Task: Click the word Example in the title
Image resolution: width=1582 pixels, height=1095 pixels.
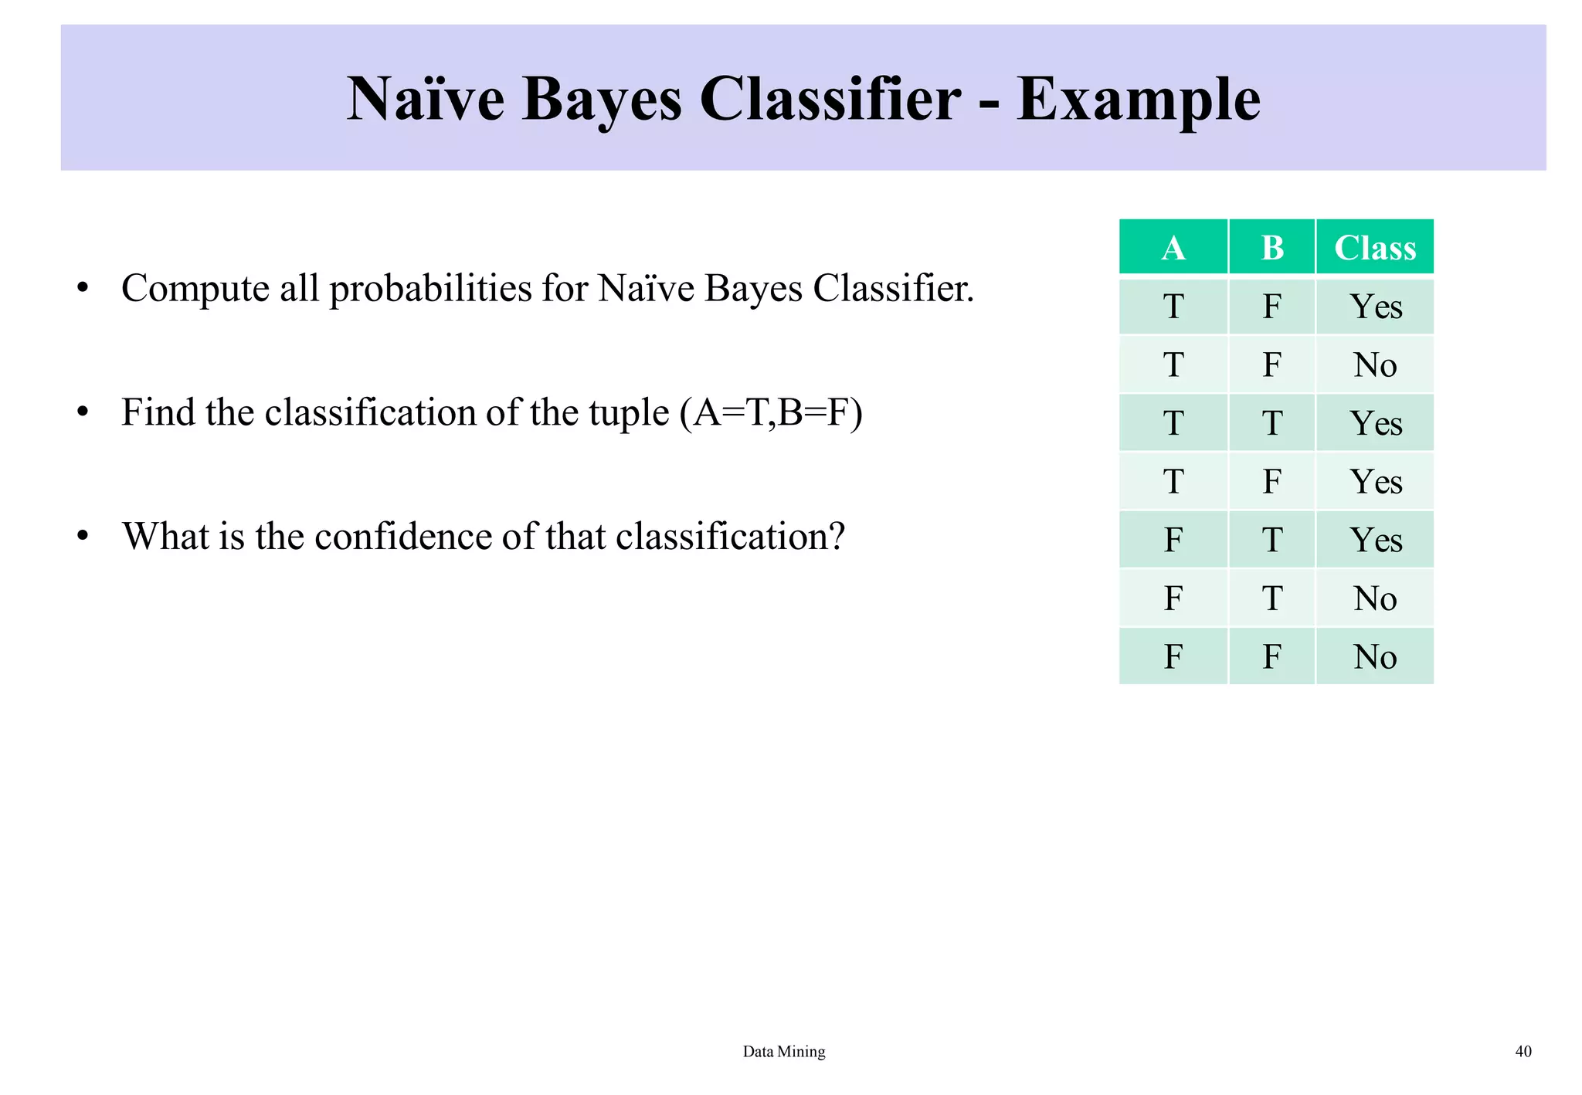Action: (1138, 100)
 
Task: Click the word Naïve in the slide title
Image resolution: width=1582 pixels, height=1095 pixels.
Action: (426, 100)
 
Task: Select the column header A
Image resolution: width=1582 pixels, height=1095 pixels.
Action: (1173, 248)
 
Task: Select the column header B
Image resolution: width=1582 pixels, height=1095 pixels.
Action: (1271, 248)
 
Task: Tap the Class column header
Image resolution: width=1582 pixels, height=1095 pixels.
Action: (1374, 248)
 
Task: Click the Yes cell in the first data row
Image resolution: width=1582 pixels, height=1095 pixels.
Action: (1375, 307)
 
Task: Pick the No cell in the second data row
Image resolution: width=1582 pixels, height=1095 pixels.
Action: (1375, 364)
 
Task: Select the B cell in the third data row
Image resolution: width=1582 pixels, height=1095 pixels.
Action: (1271, 423)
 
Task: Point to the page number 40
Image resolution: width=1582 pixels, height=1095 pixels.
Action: (1523, 1051)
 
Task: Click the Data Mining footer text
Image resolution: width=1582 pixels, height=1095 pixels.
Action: (783, 1051)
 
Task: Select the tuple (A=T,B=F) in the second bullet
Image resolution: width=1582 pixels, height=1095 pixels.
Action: (771, 412)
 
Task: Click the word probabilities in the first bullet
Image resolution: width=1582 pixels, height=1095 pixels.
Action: (429, 290)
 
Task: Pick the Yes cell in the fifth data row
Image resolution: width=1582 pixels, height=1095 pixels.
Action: (1375, 540)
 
